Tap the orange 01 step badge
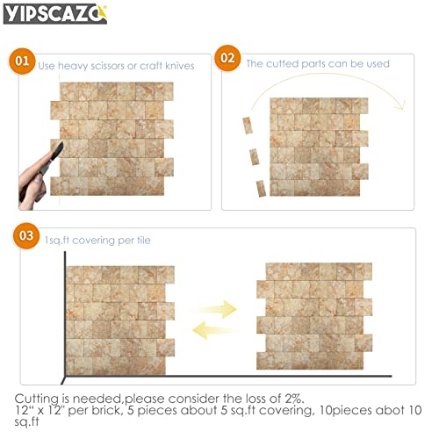[x=21, y=61]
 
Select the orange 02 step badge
[x=228, y=60]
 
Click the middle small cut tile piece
[x=254, y=157]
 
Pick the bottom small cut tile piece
[x=261, y=187]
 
